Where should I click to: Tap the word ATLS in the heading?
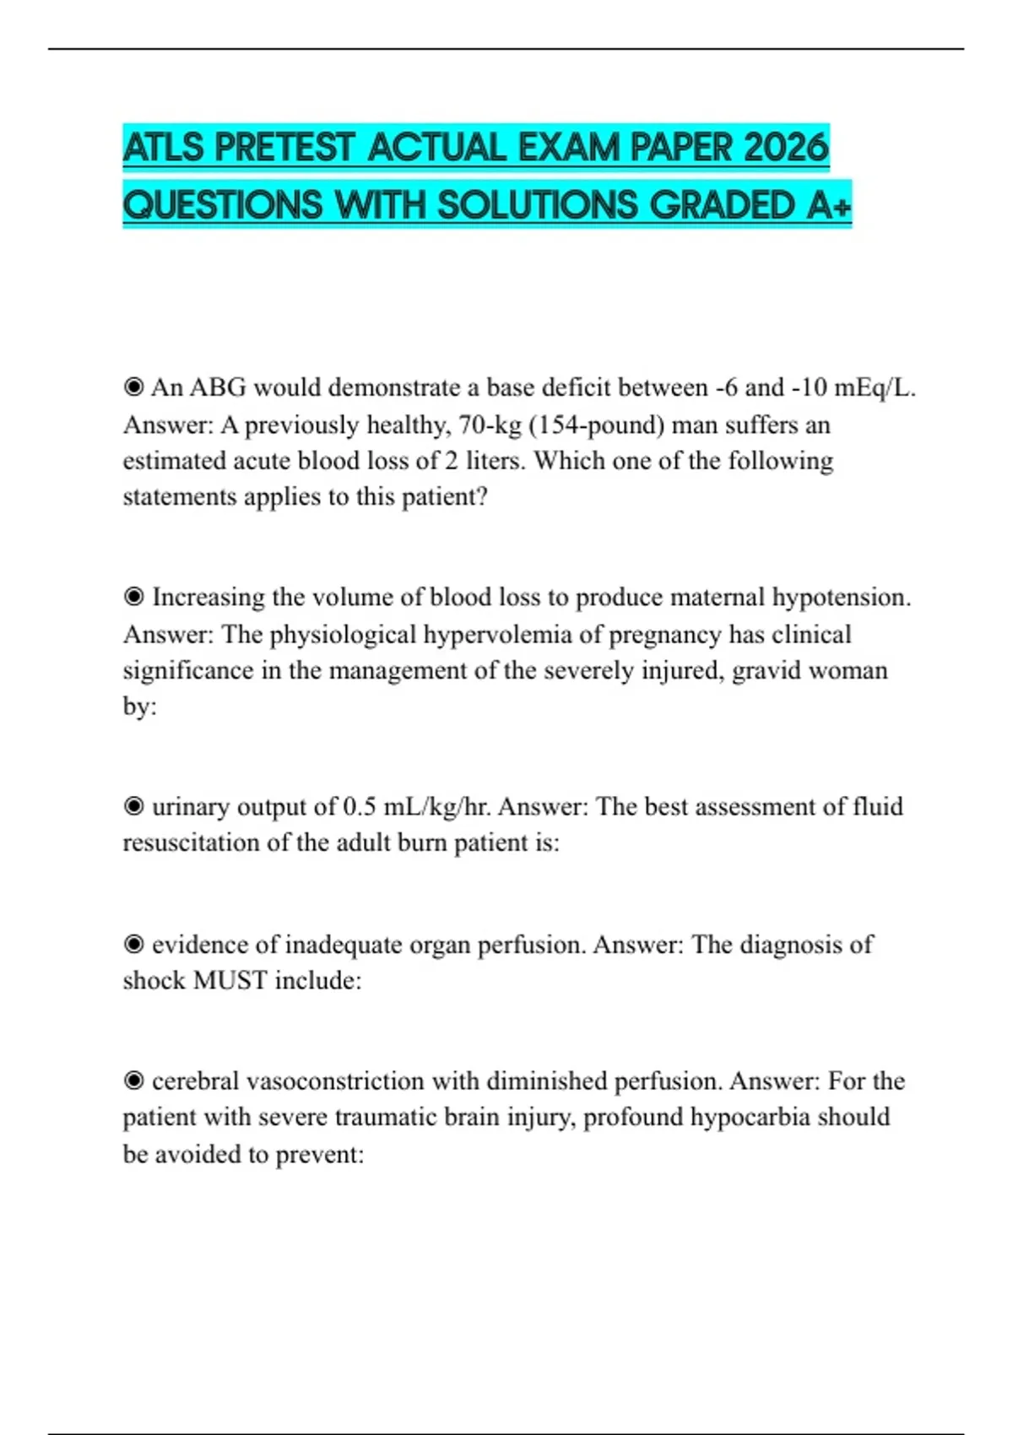tap(164, 148)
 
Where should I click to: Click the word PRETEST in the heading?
tap(284, 148)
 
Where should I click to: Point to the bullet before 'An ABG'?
tap(133, 387)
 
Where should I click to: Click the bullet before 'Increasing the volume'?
tap(133, 597)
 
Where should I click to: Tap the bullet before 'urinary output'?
tap(133, 806)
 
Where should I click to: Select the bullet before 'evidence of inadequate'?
tap(133, 944)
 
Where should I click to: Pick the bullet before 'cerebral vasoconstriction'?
tap(133, 1080)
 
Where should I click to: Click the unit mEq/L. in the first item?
tap(875, 387)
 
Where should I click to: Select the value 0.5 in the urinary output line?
tap(360, 806)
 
